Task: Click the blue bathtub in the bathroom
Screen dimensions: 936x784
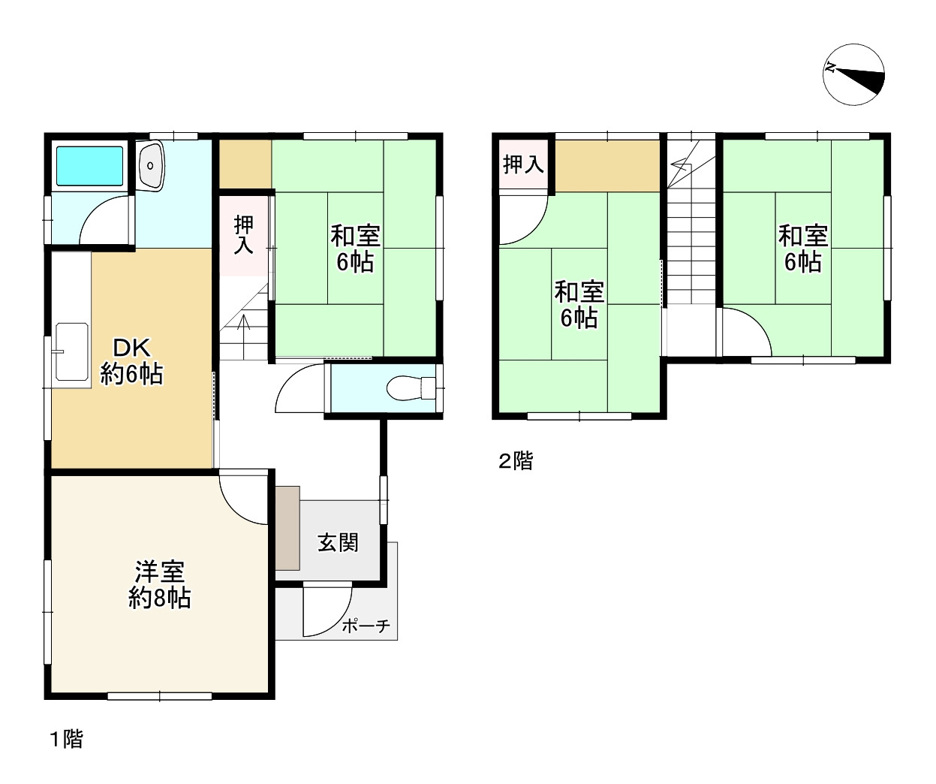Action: [x=89, y=166]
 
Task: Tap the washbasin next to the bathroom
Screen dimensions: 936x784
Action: [x=151, y=166]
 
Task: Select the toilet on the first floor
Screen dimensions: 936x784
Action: [x=411, y=388]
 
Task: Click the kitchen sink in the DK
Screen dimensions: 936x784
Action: [x=72, y=351]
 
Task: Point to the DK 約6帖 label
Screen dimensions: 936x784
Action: [x=131, y=361]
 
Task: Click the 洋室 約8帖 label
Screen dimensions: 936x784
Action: [x=160, y=584]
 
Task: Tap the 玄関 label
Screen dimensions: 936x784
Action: [x=338, y=543]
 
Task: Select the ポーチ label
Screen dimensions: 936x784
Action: [x=366, y=626]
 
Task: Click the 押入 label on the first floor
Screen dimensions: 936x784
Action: [x=244, y=234]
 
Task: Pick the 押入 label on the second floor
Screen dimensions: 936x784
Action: [x=524, y=164]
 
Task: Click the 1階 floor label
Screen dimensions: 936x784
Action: [x=66, y=739]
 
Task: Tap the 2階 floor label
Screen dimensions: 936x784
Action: [x=516, y=460]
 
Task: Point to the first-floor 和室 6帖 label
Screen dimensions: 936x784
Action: [x=356, y=249]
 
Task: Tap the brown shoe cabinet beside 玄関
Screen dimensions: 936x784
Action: [x=287, y=529]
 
